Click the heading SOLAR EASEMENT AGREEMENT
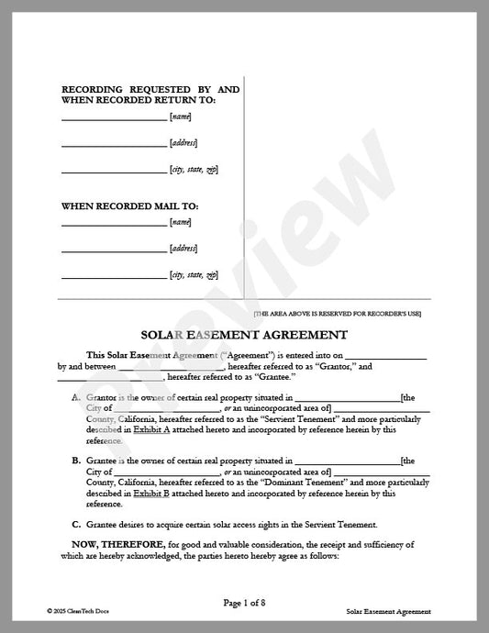[243, 335]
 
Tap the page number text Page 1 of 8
[243, 602]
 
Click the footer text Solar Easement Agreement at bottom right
[389, 610]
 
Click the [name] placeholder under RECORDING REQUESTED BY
[180, 117]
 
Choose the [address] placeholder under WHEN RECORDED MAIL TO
[183, 249]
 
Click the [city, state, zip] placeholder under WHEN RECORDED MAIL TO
[194, 275]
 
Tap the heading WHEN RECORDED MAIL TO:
[130, 206]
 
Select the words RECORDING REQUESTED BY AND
[150, 89]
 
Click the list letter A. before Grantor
[76, 397]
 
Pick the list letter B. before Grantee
[76, 461]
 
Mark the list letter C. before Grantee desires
[76, 525]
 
